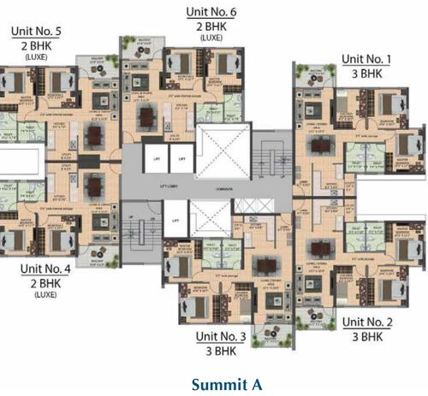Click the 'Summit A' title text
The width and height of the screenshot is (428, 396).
pyautogui.click(x=214, y=382)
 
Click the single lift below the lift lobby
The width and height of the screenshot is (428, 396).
pyautogui.click(x=175, y=221)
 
